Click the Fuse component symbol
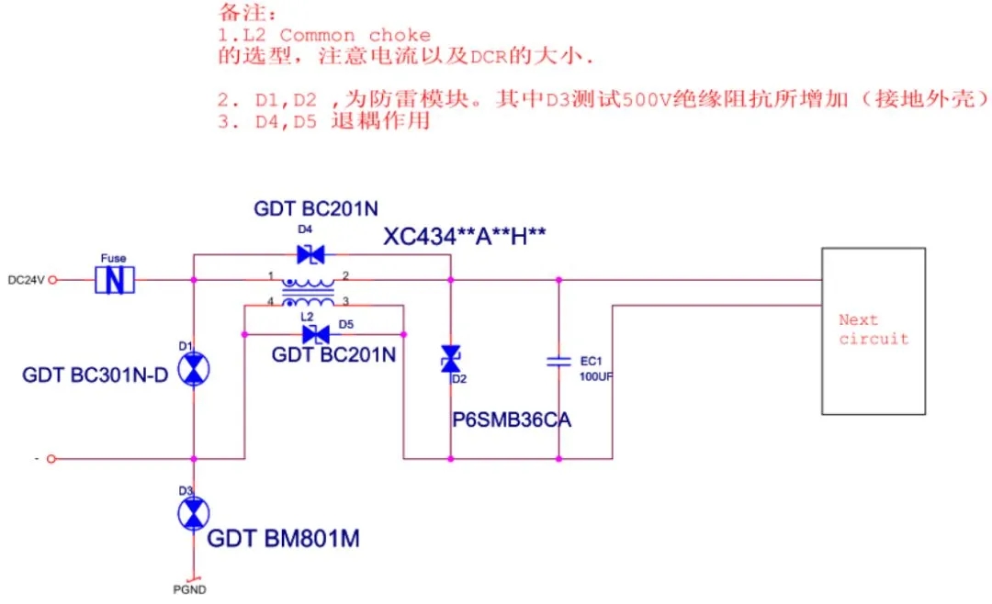tap(115, 280)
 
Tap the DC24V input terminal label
tap(26, 280)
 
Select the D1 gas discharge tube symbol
tap(193, 370)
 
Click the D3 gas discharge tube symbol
tap(193, 514)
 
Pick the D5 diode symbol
tap(315, 334)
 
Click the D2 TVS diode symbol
tap(450, 358)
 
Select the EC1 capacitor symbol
tap(558, 362)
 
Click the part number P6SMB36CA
tap(512, 420)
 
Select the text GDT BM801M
tap(283, 539)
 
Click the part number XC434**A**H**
tap(465, 238)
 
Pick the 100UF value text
tap(596, 376)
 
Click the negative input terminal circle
tap(51, 458)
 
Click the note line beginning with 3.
tap(324, 121)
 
